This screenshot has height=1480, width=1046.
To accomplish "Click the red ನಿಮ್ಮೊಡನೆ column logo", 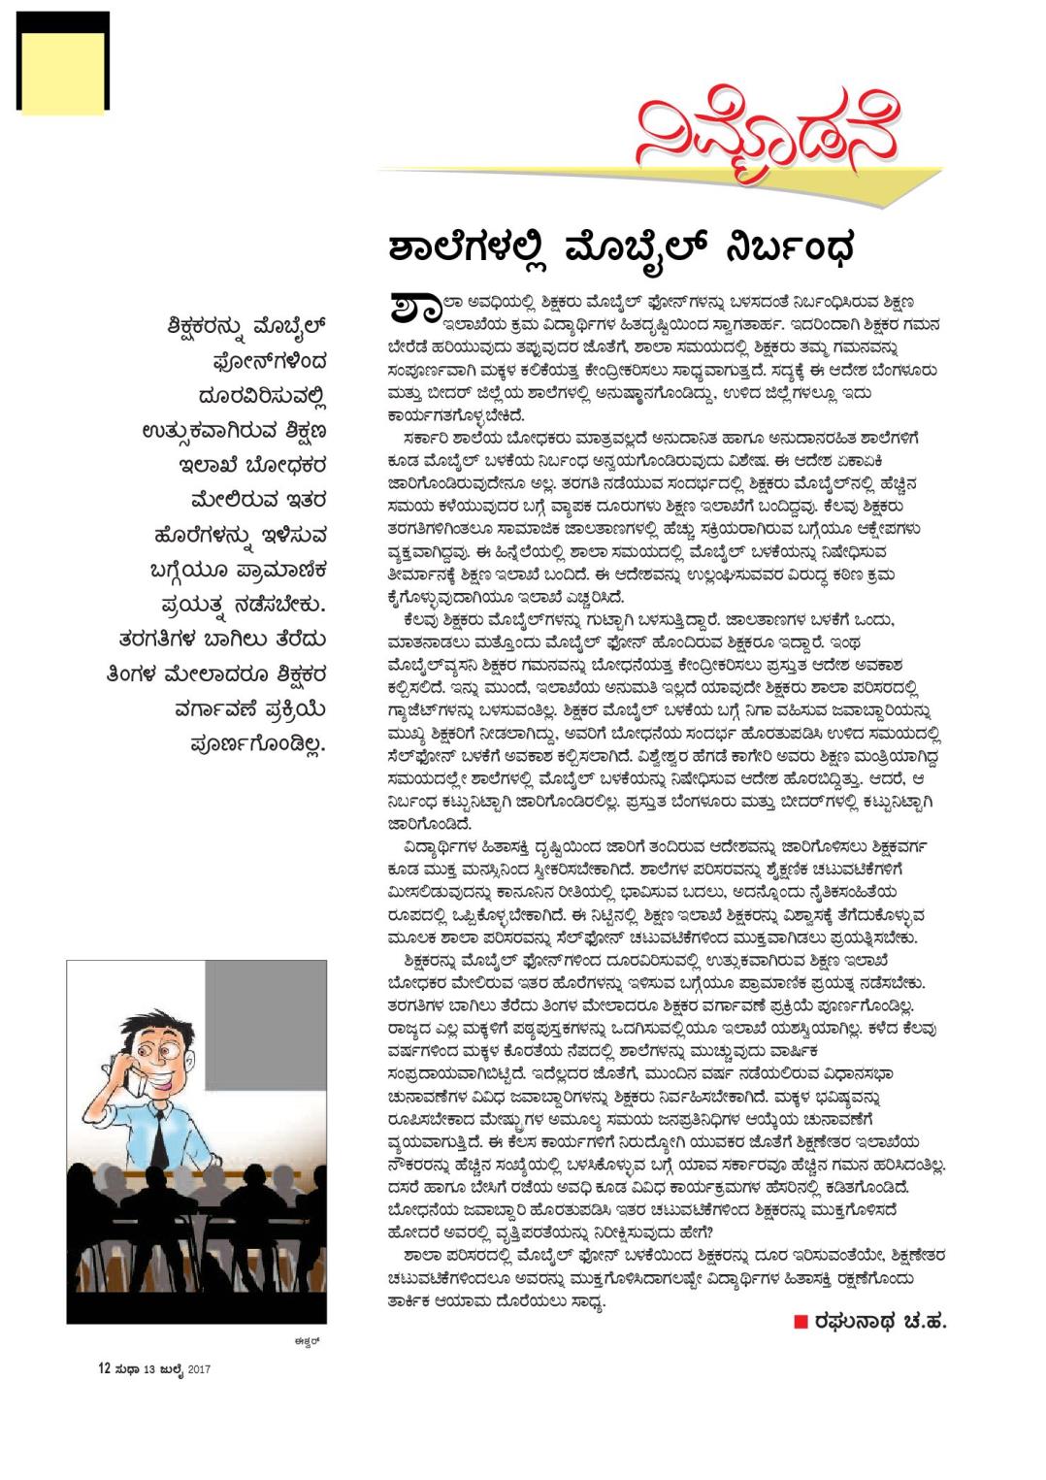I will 767,141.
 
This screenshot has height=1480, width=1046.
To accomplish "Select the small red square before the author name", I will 801,1321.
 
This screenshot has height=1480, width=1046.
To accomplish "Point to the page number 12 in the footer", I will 104,1368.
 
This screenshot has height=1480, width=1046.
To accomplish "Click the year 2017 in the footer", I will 199,1369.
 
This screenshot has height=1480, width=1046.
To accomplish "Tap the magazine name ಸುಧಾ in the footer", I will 127,1369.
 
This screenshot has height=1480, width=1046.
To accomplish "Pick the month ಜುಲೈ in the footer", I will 171,1369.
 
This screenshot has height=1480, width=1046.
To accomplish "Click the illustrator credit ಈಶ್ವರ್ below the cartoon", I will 307,1340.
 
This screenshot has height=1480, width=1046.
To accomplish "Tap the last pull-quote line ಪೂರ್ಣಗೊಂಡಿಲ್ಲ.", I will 258,744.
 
